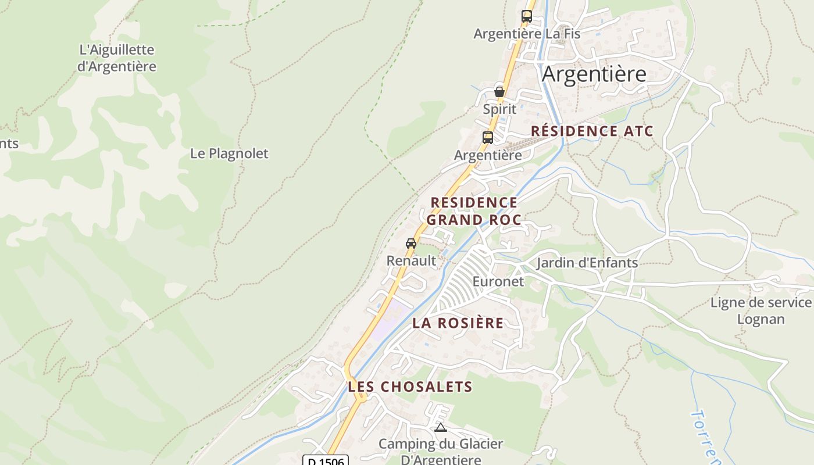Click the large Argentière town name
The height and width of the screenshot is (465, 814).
(594, 74)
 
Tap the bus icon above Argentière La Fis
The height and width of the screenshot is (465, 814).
(526, 16)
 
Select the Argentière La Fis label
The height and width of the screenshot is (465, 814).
(527, 34)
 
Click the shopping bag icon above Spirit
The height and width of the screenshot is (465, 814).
(499, 91)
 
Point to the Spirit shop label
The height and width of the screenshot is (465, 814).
(499, 109)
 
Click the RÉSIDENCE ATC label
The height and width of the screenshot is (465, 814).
(592, 131)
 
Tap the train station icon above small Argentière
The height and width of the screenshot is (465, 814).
(487, 138)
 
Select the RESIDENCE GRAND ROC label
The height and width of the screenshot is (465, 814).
(474, 211)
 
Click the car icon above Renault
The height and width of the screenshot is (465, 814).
(411, 243)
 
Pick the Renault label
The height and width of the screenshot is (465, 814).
(411, 260)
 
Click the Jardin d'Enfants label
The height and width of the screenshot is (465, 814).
(587, 263)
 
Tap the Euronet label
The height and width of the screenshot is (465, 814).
(498, 281)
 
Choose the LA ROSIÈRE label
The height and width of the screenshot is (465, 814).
(458, 323)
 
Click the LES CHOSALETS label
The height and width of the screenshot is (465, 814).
(410, 387)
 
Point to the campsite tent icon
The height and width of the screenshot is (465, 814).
(441, 428)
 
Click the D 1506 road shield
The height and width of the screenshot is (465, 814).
(326, 461)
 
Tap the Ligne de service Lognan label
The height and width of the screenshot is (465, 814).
(761, 310)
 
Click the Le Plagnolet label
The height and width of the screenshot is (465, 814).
(229, 153)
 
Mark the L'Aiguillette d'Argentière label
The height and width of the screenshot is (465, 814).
(116, 58)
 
